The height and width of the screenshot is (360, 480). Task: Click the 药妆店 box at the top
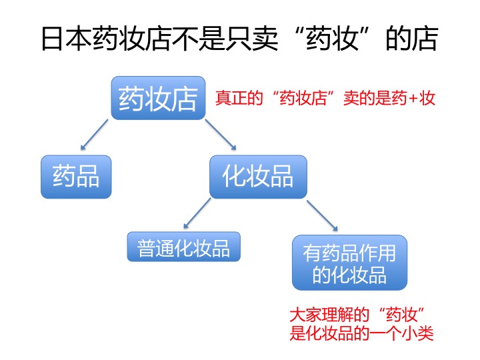(157, 98)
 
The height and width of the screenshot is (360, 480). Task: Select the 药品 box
(75, 177)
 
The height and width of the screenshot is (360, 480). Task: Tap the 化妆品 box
(257, 177)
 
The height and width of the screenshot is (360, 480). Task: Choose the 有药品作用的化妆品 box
(349, 262)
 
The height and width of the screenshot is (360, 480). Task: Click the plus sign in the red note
(413, 99)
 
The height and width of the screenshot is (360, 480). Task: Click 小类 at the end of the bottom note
(419, 333)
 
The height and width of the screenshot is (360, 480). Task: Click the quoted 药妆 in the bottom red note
(401, 313)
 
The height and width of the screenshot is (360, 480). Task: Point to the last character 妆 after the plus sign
(428, 99)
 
